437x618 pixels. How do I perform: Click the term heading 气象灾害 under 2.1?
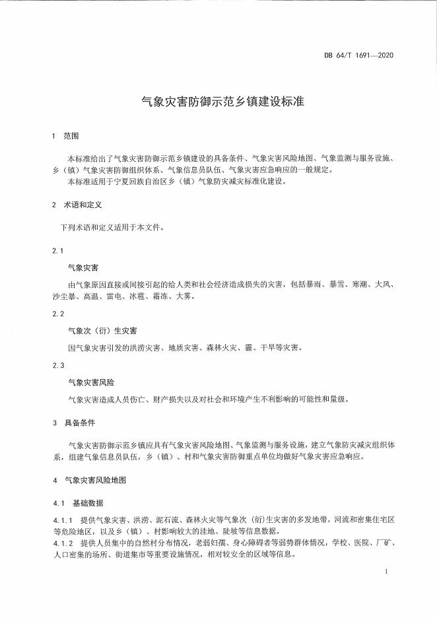(x=83, y=268)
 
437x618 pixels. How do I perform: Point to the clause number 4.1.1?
(x=64, y=520)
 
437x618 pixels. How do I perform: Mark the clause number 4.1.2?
(x=64, y=543)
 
